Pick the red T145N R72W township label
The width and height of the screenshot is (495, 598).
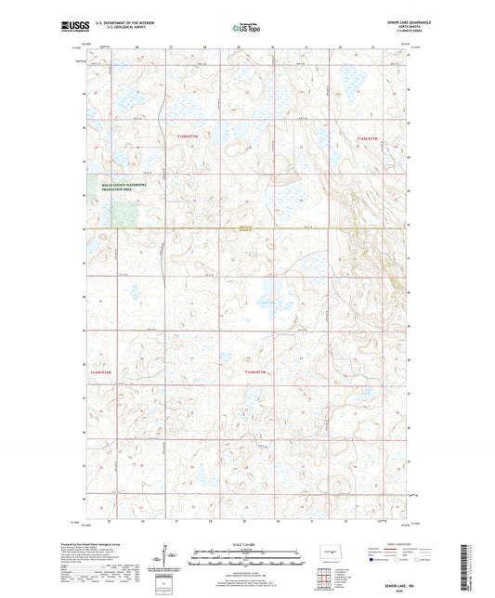click(367, 136)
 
